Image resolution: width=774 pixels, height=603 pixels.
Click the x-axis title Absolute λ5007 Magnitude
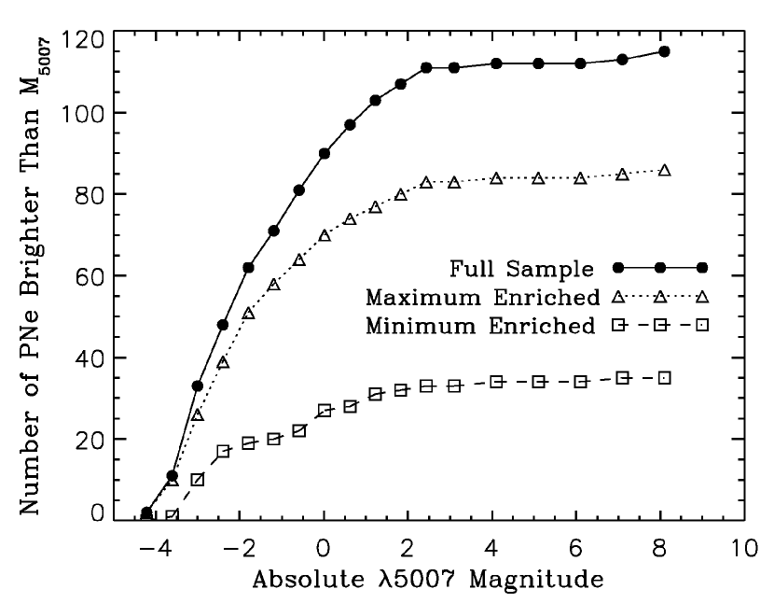(x=426, y=579)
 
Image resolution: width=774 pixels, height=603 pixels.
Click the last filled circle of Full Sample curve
(x=664, y=51)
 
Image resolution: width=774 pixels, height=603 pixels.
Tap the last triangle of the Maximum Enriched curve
(x=664, y=170)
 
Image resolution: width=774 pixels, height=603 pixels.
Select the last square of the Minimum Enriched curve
(x=664, y=378)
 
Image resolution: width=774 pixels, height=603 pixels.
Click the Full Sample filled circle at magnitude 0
(x=325, y=153)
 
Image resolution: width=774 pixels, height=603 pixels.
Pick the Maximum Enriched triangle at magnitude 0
(x=325, y=235)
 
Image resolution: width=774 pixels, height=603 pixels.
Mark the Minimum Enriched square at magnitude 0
(x=325, y=411)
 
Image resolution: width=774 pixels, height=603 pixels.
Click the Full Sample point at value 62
(x=249, y=268)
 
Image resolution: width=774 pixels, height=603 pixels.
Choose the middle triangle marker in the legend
(x=659, y=298)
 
